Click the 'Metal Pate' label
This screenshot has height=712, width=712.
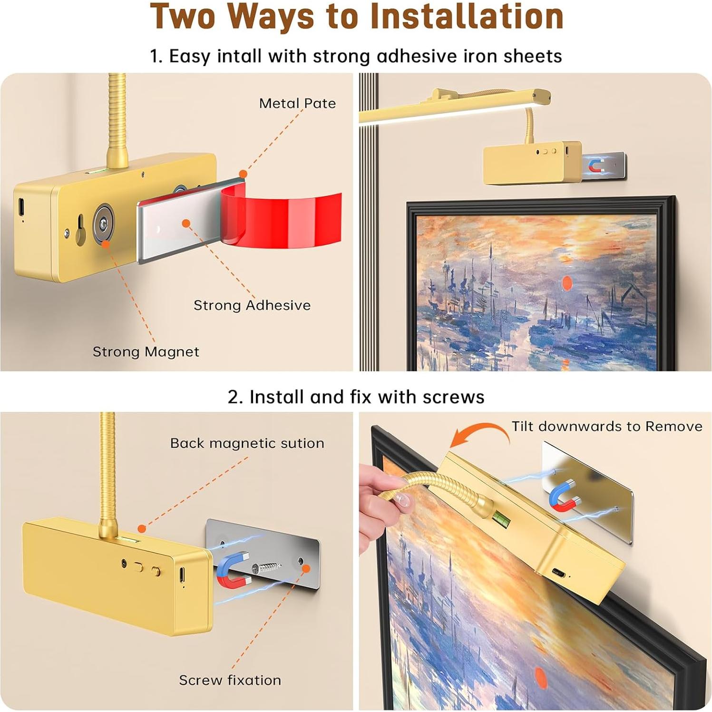pos(297,103)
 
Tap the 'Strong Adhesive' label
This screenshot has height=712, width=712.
pos(252,305)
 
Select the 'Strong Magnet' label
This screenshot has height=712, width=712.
pos(146,351)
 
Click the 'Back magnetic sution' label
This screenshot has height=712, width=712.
pos(247,443)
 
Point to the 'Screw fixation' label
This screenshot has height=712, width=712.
pos(230,680)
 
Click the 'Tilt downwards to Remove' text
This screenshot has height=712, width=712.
pos(606,426)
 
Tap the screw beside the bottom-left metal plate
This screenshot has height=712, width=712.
pos(267,567)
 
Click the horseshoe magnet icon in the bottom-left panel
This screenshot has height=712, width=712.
pos(233,570)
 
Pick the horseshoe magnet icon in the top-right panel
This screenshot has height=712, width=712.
pos(596,166)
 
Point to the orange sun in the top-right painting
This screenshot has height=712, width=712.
pos(567,283)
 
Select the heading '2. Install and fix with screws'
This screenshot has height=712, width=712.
pos(356,397)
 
